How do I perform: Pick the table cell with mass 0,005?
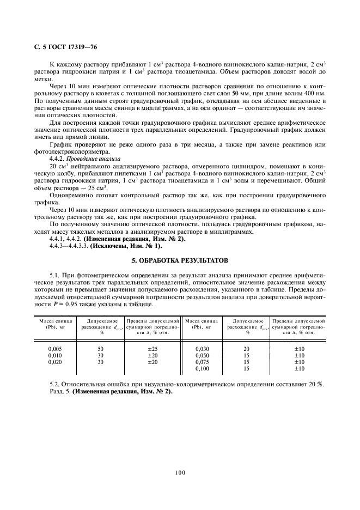coord(54,348)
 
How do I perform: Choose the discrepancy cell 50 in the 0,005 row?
coord(100,348)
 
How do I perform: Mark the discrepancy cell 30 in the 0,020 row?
coord(100,362)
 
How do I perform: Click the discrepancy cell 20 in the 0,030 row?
coord(246,348)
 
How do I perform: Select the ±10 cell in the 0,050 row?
coord(299,355)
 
